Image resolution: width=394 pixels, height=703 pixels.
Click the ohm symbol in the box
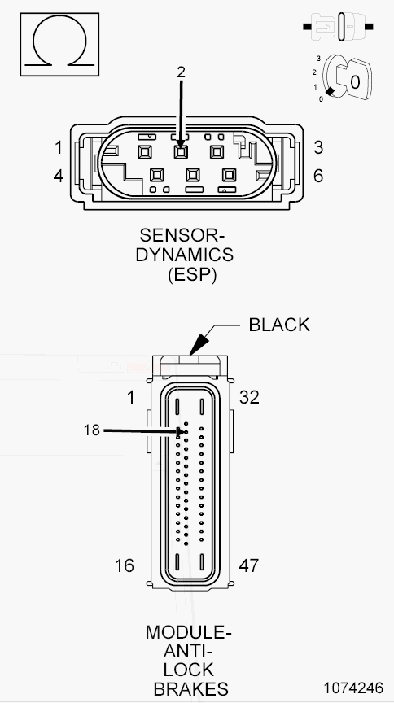[x=59, y=45]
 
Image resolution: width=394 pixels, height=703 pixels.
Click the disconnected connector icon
[x=339, y=27]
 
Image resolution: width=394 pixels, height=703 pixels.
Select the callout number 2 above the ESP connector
[x=181, y=72]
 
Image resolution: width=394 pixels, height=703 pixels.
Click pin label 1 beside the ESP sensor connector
[x=59, y=147]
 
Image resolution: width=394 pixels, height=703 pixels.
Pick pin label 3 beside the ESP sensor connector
[x=318, y=147]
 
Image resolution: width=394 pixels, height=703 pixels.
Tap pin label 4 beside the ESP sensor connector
[x=59, y=177]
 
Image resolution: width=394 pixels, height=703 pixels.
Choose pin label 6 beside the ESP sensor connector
[x=318, y=177]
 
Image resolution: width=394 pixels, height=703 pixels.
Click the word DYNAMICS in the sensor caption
[x=185, y=255]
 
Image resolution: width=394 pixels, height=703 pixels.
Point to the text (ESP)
[x=192, y=274]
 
